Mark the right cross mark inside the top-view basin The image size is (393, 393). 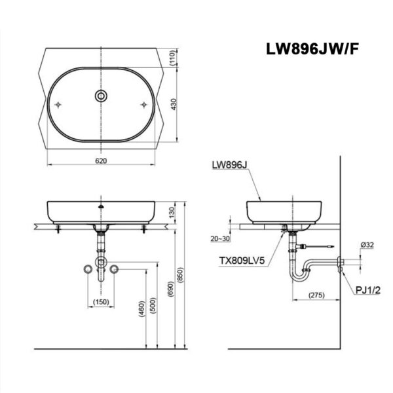click(x=143, y=105)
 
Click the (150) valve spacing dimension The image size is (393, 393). click(x=100, y=301)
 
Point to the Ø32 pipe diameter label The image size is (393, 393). click(x=367, y=246)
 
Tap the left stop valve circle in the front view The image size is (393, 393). click(x=86, y=269)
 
